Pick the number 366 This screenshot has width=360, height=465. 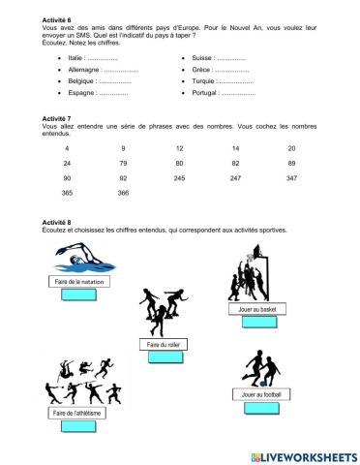123,194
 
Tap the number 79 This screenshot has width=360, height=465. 123,164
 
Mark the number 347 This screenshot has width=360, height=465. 291,179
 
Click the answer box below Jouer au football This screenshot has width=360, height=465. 255,408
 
